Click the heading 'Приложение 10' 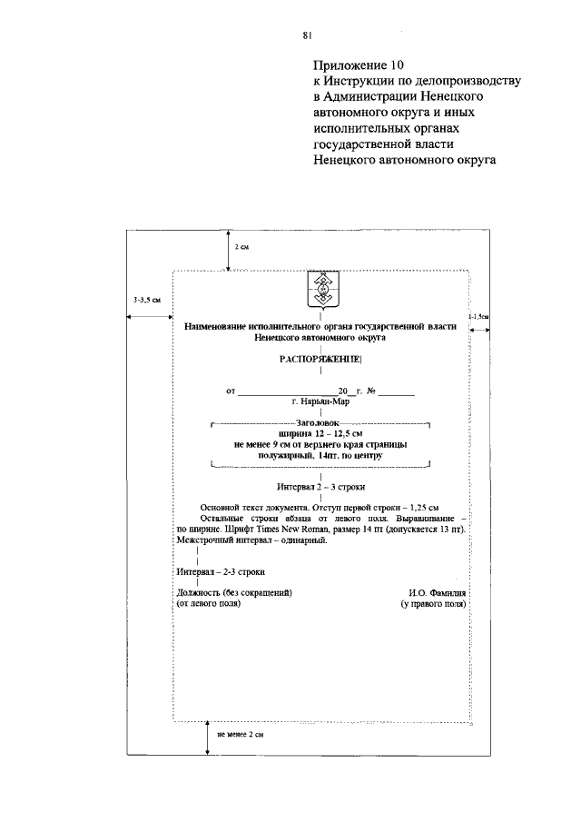pos(356,65)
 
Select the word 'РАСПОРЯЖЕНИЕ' pos(320,360)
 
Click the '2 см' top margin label pos(242,247)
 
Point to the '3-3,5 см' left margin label pos(146,299)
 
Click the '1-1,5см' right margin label pos(478,315)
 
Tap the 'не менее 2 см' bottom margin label pos(241,733)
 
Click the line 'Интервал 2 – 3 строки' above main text pos(321,487)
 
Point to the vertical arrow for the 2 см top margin pos(227,249)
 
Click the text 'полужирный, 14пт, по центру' pos(320,455)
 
